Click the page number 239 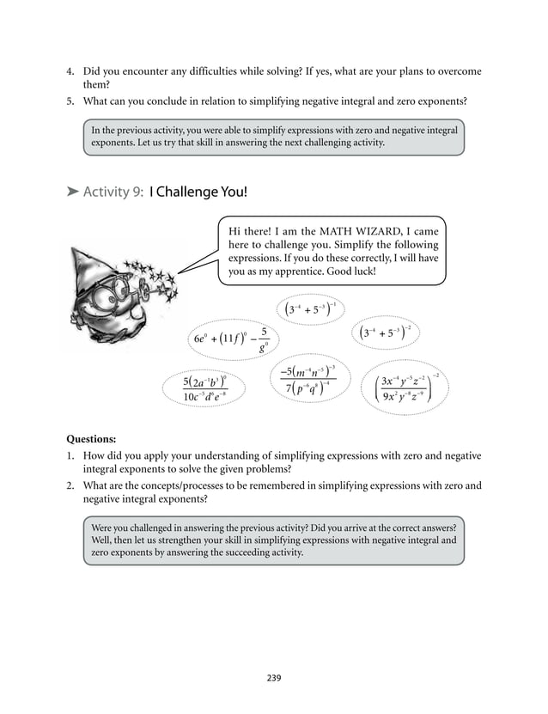274,678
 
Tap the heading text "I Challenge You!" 198,192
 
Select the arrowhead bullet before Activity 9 73,192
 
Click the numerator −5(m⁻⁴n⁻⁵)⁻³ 307,372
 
